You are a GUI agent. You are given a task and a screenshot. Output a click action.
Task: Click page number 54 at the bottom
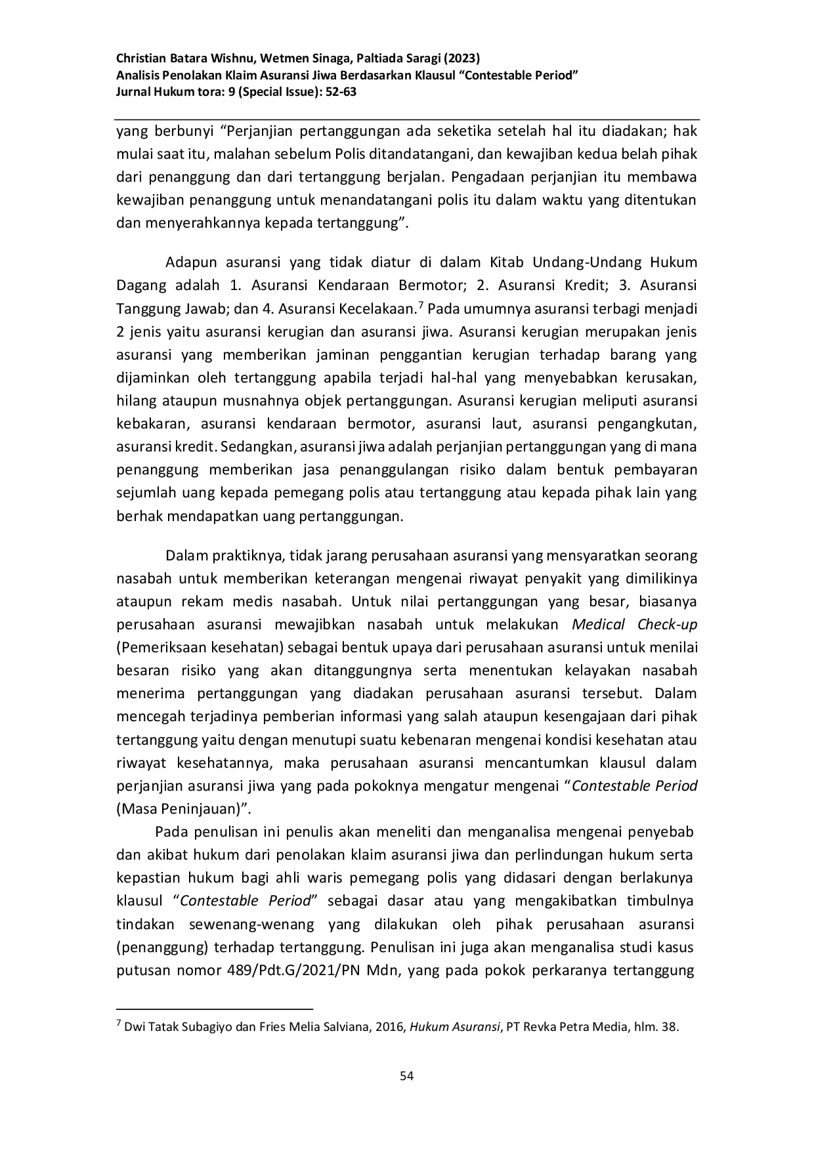click(406, 1076)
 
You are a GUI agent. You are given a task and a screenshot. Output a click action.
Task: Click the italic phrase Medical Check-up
click(634, 624)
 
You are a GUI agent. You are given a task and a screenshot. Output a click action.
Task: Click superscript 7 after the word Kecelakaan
click(421, 303)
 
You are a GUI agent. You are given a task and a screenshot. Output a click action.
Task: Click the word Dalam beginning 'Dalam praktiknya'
click(186, 556)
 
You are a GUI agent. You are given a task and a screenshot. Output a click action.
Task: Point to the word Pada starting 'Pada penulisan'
click(171, 832)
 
